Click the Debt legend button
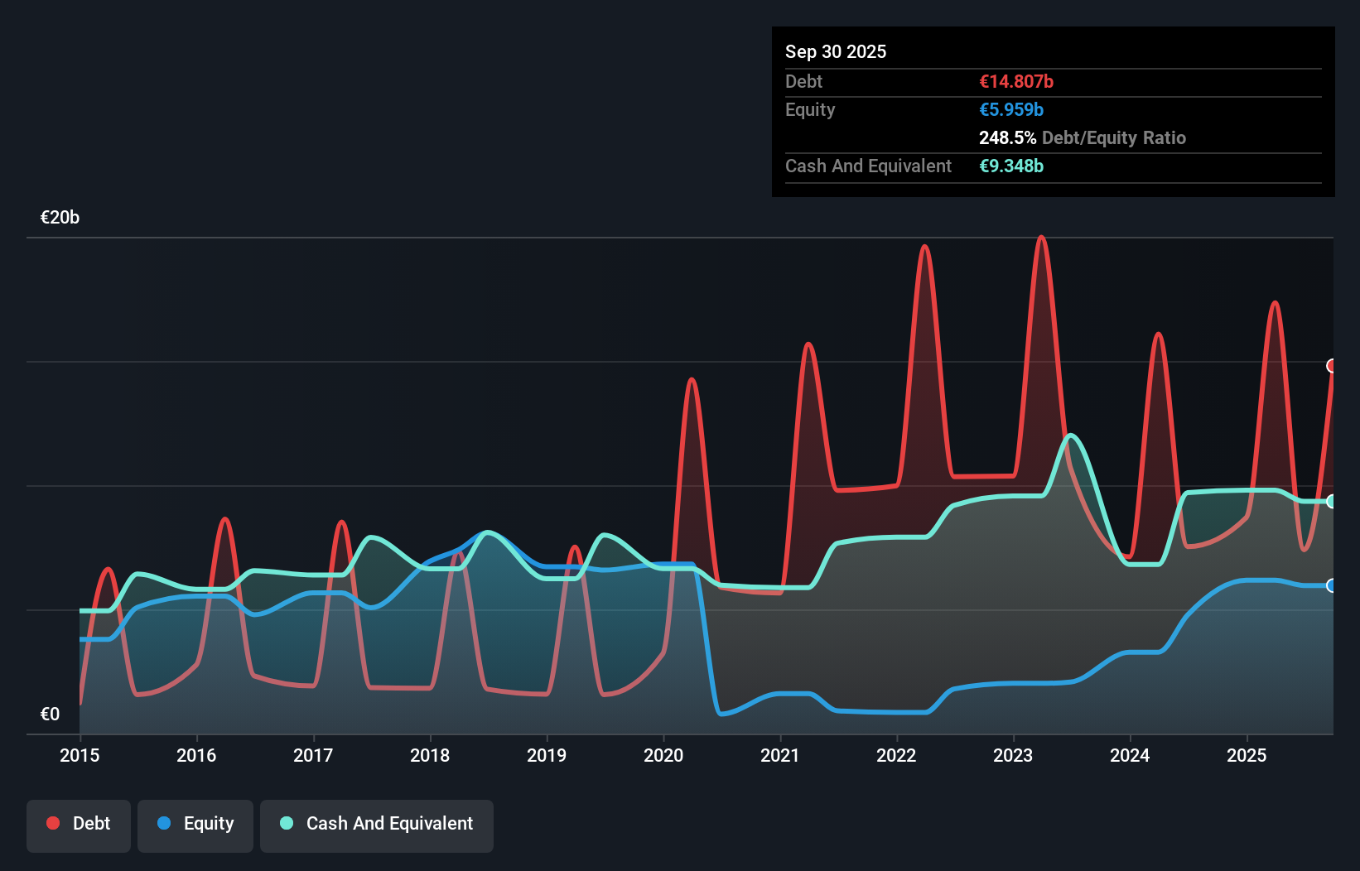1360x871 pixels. [x=79, y=824]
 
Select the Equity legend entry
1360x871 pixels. [x=195, y=824]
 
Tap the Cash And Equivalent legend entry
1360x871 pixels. [x=377, y=824]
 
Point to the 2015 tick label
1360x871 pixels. [x=80, y=755]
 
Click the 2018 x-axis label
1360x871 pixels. [x=430, y=755]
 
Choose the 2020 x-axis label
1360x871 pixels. [x=663, y=755]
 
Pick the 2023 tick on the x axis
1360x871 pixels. [x=1013, y=755]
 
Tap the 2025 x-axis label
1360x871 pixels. [x=1247, y=755]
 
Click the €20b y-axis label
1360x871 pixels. [x=60, y=218]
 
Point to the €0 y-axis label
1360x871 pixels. [x=50, y=714]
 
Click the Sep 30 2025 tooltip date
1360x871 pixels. [x=835, y=52]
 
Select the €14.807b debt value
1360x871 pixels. [x=1016, y=82]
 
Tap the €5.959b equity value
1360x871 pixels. [x=1011, y=110]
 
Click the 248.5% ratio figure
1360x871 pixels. [x=1007, y=138]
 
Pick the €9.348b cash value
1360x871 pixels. [x=1011, y=166]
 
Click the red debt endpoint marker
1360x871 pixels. [x=1332, y=366]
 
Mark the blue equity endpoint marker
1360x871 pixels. [x=1332, y=585]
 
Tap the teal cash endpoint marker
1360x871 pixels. [x=1332, y=501]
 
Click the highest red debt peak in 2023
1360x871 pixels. [x=1041, y=238]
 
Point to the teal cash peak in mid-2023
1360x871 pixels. [x=1071, y=435]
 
